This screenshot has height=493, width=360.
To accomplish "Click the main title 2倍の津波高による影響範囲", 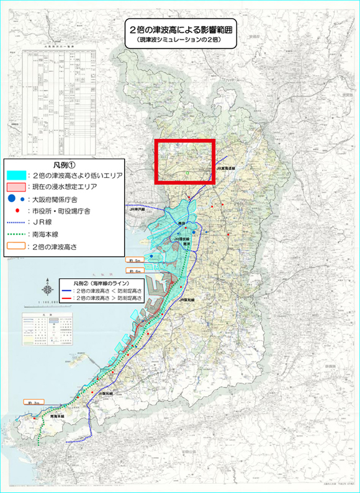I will click(x=180, y=29).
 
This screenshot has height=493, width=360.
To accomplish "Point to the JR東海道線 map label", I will click(x=223, y=169).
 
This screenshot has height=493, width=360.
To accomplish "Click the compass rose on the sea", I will click(x=48, y=290).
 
